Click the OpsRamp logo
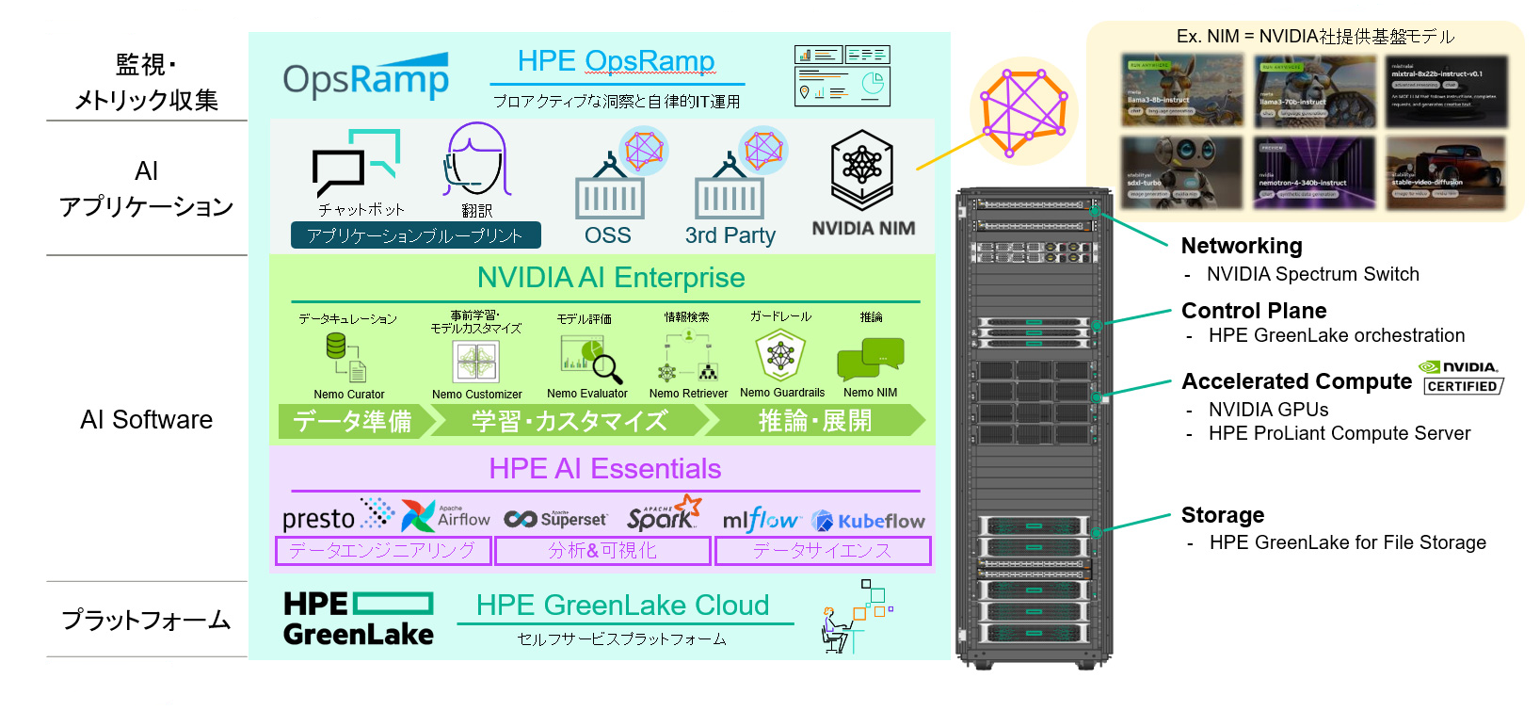pyautogui.click(x=365, y=78)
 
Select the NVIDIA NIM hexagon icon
pyautogui.click(x=861, y=169)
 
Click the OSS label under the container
pyautogui.click(x=608, y=235)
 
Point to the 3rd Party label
pyautogui.click(x=730, y=235)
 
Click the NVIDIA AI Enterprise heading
pyautogui.click(x=611, y=278)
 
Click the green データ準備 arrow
pyautogui.click(x=354, y=421)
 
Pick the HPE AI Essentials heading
pyautogui.click(x=605, y=469)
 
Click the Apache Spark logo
pyautogui.click(x=664, y=515)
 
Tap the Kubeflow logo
pyautogui.click(x=868, y=521)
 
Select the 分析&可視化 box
pyautogui.click(x=602, y=551)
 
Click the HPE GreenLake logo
pyautogui.click(x=359, y=619)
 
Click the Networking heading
pyautogui.click(x=1242, y=246)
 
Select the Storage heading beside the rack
pyautogui.click(x=1223, y=515)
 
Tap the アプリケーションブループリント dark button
pyautogui.click(x=415, y=235)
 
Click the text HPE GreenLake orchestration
pyautogui.click(x=1337, y=335)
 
